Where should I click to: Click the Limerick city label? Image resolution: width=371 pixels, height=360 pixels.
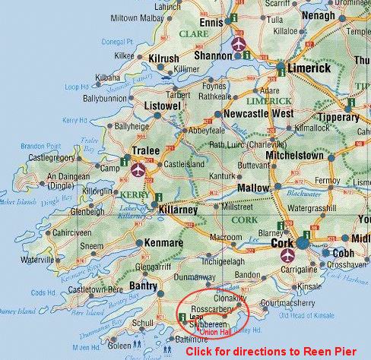click(x=310, y=68)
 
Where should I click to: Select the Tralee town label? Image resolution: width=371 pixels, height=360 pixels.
click(x=146, y=151)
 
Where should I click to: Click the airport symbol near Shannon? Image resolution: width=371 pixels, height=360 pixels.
click(x=239, y=43)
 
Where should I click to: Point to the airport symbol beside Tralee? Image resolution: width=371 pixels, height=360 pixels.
click(x=138, y=169)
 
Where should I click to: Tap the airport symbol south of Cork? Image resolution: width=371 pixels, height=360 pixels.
click(x=287, y=257)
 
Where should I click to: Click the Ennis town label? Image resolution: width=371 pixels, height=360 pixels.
click(x=211, y=23)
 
